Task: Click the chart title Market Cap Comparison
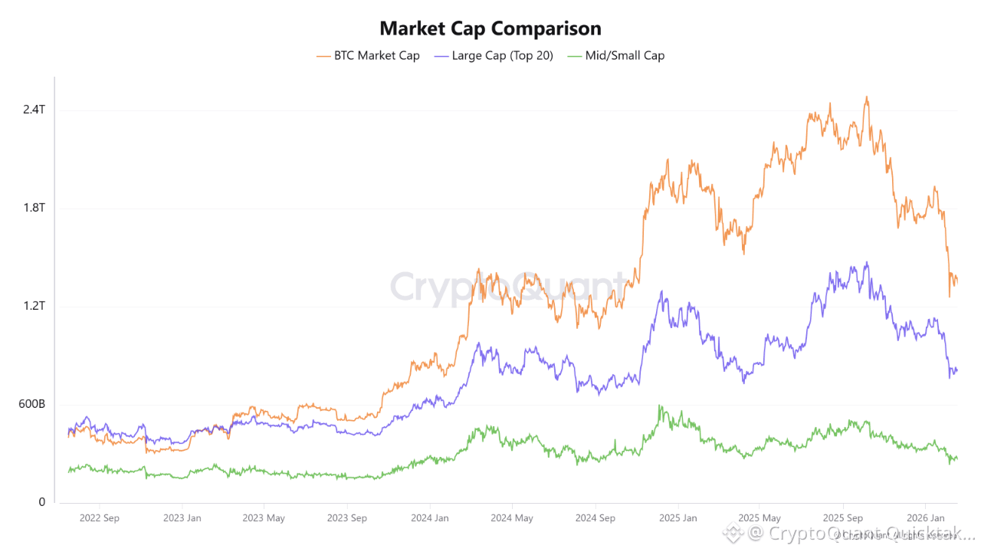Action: pyautogui.click(x=490, y=29)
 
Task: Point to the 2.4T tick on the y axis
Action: pyautogui.click(x=34, y=110)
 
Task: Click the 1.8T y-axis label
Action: pyautogui.click(x=34, y=208)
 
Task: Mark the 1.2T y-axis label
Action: pyautogui.click(x=34, y=306)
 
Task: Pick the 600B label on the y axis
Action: pyautogui.click(x=31, y=404)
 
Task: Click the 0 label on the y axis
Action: pyautogui.click(x=42, y=502)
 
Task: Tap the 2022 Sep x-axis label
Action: pyautogui.click(x=100, y=518)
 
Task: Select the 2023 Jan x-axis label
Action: pyautogui.click(x=182, y=518)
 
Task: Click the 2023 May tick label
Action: pyautogui.click(x=264, y=518)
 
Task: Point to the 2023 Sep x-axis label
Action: pyautogui.click(x=347, y=518)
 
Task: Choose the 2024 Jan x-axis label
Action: pyautogui.click(x=430, y=518)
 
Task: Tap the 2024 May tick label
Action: pyautogui.click(x=512, y=518)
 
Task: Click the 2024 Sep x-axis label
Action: pyautogui.click(x=595, y=518)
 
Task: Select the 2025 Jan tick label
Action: pyautogui.click(x=678, y=518)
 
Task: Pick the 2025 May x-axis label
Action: pyautogui.click(x=760, y=518)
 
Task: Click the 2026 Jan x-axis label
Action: pyautogui.click(x=925, y=518)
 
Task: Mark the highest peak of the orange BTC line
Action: pyautogui.click(x=866, y=97)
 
